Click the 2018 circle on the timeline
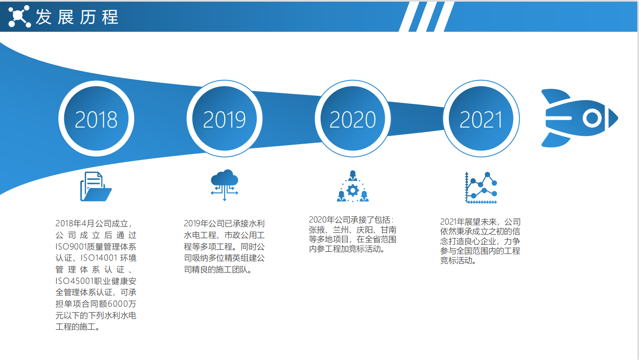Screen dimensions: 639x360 tap(96, 118)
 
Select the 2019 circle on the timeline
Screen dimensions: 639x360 tap(224, 118)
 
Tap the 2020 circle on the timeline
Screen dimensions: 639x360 tap(352, 118)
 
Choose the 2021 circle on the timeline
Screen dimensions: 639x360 tap(481, 118)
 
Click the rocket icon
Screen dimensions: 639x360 tap(579, 118)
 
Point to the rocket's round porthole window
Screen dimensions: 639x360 tap(592, 118)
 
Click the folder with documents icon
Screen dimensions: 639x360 tap(96, 186)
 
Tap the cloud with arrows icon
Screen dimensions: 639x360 tap(224, 185)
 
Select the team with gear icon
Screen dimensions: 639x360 tap(352, 186)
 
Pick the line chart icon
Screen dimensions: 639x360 tap(481, 188)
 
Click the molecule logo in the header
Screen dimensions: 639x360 tap(19, 16)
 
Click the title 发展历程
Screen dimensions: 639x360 tap(77, 17)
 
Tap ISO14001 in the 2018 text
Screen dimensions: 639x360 tap(99, 258)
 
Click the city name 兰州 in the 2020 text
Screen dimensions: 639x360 tap(340, 230)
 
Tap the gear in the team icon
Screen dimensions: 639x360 tap(352, 190)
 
